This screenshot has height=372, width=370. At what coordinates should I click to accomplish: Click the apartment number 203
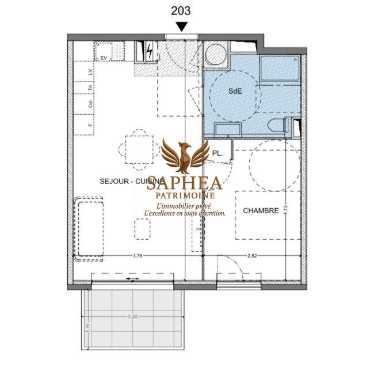click(x=181, y=10)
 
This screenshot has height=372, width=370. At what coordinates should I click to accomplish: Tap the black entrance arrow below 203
click(x=181, y=26)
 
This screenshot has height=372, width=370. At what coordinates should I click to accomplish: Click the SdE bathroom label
click(x=235, y=91)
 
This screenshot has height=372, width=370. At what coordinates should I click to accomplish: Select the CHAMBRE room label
click(x=261, y=210)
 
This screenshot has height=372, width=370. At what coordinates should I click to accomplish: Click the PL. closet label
click(x=218, y=153)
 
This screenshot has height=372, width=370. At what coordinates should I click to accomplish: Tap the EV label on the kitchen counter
click(x=104, y=58)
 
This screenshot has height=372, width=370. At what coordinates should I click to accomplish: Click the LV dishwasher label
click(x=90, y=72)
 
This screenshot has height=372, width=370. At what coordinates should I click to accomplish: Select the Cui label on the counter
click(x=90, y=104)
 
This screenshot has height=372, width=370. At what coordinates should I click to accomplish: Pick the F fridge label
click(x=90, y=123)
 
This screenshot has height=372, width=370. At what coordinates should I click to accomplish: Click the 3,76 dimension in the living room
click(x=138, y=256)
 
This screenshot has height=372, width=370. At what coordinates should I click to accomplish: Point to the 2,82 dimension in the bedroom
click(x=251, y=256)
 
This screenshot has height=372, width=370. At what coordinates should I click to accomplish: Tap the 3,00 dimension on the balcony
click(x=132, y=317)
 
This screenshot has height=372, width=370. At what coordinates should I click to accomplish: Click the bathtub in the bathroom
click(x=279, y=69)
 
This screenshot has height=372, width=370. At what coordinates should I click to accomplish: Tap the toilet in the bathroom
click(x=279, y=126)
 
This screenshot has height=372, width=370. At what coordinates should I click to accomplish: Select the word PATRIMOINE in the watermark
click(x=185, y=195)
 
